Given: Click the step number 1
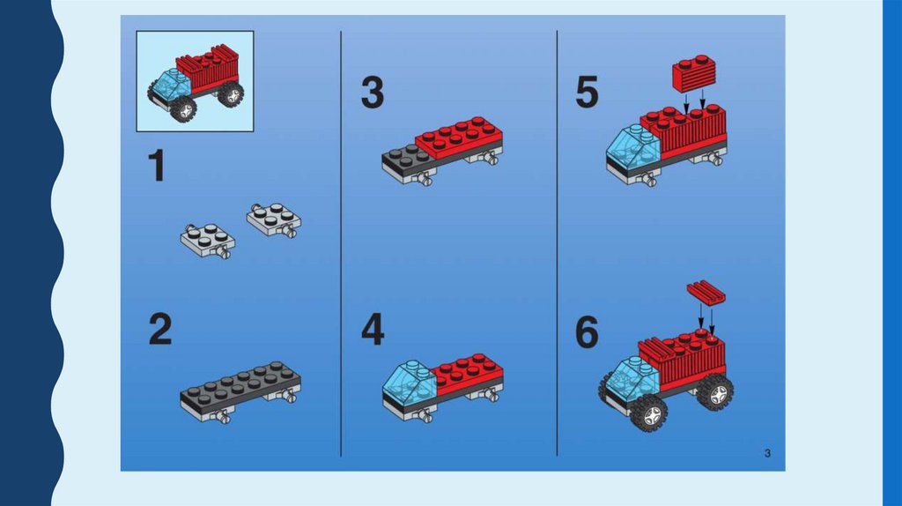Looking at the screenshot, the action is [x=156, y=166].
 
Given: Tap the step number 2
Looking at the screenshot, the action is [x=160, y=330].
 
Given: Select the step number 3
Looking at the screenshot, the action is [x=373, y=93].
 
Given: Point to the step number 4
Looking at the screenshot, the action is [x=373, y=330].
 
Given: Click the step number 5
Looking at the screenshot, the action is [x=587, y=93].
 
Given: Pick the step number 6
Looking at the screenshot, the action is [x=587, y=332].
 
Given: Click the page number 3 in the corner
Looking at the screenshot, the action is [x=767, y=454].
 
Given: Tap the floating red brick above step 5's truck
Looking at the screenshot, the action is [x=694, y=74].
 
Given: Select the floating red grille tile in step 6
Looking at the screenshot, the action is [x=706, y=293].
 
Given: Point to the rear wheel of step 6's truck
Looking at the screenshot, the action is [x=715, y=392].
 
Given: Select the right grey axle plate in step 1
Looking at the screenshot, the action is [x=274, y=220].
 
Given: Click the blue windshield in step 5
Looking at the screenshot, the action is [x=633, y=147].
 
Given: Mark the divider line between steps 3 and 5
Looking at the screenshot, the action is [x=557, y=243].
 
